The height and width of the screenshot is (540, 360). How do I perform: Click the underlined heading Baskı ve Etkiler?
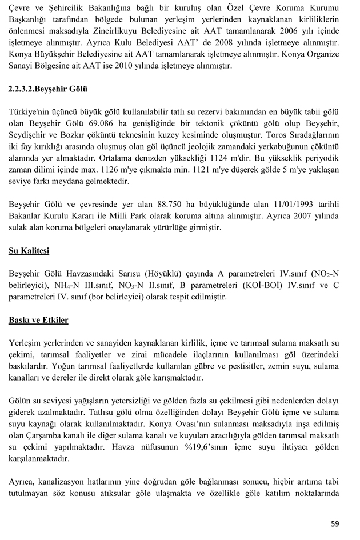pyautogui.click(x=38, y=319)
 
